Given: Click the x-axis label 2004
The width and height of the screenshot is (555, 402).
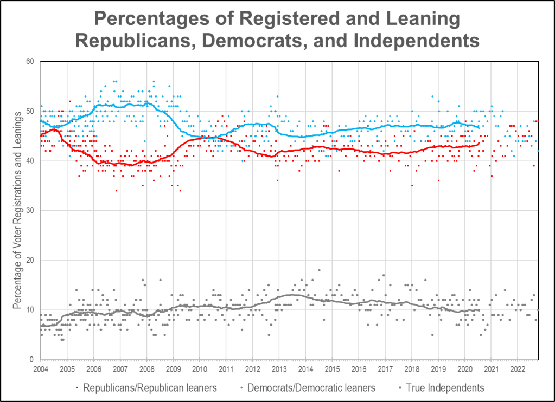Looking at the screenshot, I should (x=41, y=369).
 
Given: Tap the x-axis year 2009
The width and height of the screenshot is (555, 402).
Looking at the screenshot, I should (x=173, y=369).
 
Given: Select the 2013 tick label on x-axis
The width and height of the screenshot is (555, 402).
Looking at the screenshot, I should (x=279, y=369).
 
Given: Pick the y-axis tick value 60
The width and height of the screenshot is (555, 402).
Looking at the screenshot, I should (x=30, y=62).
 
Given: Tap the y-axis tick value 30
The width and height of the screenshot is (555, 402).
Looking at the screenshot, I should (x=30, y=211).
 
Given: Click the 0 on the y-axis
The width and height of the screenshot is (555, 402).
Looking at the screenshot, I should (x=32, y=360).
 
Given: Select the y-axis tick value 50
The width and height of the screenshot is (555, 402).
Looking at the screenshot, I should (x=30, y=112).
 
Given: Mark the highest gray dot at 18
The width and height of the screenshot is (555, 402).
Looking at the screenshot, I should (x=319, y=270).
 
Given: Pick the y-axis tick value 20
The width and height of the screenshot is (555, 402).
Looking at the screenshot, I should (x=30, y=261).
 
